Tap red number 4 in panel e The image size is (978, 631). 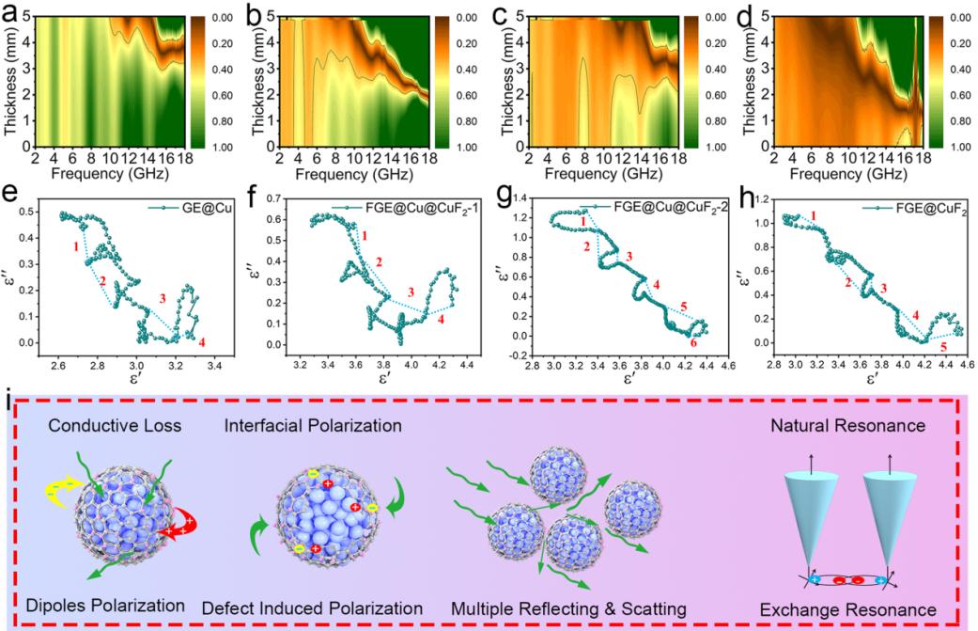[x=201, y=340]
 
